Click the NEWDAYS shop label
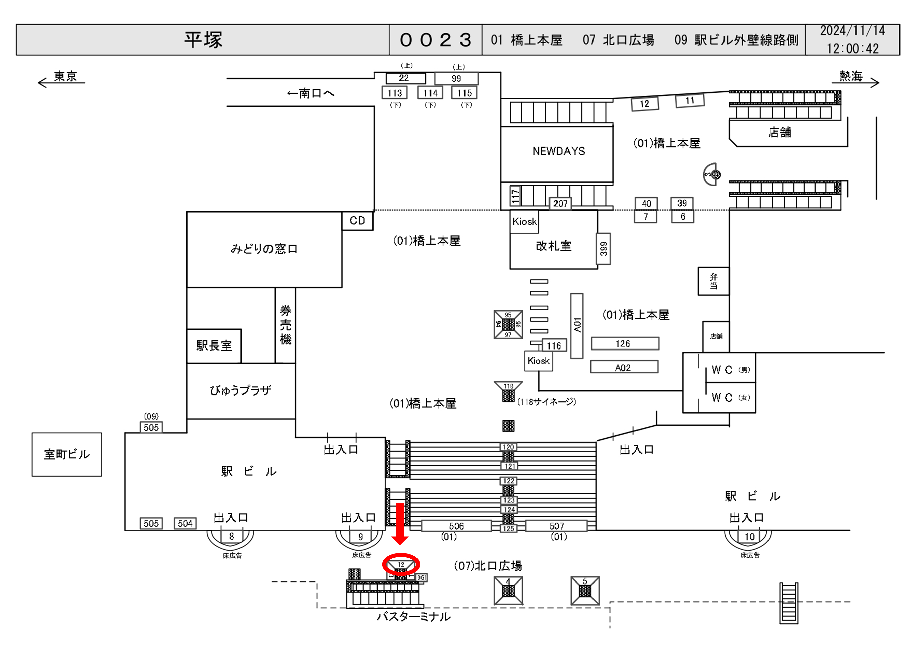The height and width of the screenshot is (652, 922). pyautogui.click(x=559, y=151)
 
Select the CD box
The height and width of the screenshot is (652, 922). pyautogui.click(x=357, y=221)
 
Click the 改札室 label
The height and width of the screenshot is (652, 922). pyautogui.click(x=553, y=246)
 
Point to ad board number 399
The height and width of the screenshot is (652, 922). pyautogui.click(x=603, y=249)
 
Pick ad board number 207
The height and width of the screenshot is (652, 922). pyautogui.click(x=560, y=204)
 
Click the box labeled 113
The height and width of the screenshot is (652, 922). pyautogui.click(x=394, y=93)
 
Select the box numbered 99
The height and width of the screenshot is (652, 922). pyautogui.click(x=456, y=78)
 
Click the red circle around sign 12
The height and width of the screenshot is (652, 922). pyautogui.click(x=401, y=564)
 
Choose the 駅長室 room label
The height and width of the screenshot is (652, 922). pyautogui.click(x=214, y=346)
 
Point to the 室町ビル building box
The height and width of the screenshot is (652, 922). pyautogui.click(x=67, y=455)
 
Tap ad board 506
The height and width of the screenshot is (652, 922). pyautogui.click(x=456, y=526)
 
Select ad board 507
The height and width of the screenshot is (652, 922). pyautogui.click(x=556, y=526)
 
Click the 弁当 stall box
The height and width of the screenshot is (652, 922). pyautogui.click(x=713, y=281)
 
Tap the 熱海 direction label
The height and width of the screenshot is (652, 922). pyautogui.click(x=850, y=76)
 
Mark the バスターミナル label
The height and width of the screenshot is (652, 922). pyautogui.click(x=413, y=617)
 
